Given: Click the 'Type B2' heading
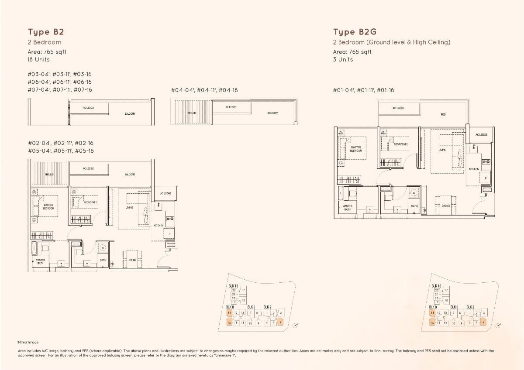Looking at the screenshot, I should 42,32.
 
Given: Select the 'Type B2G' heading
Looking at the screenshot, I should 355,32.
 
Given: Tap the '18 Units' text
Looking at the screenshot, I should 39,59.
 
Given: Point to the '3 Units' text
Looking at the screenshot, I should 343,59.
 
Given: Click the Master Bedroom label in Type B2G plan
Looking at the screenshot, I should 355,149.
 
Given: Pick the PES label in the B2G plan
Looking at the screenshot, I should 443,114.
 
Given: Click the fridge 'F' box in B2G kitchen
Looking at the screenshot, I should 485,178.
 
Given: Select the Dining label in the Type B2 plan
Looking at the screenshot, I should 132,260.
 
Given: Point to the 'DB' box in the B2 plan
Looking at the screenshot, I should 112,264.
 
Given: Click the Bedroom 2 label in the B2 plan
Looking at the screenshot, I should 90,202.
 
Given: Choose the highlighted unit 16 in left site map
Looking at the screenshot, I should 229,323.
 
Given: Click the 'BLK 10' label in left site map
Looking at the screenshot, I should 233,286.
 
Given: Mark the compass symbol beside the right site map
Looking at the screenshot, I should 499,325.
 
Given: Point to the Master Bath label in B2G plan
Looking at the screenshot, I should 348,208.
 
